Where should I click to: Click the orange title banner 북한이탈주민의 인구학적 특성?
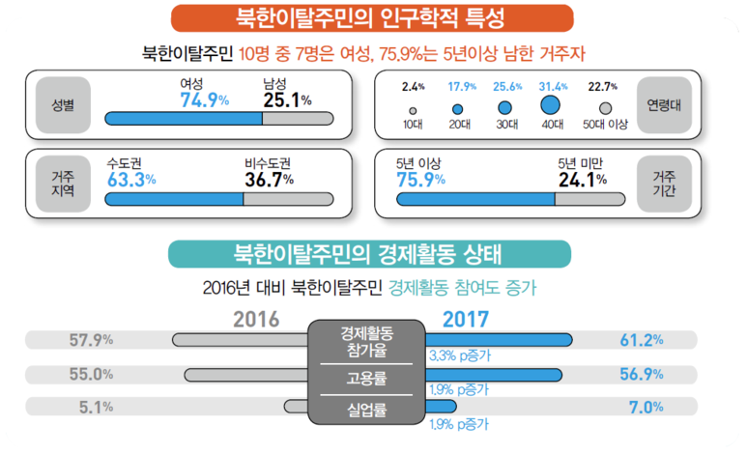(372, 18)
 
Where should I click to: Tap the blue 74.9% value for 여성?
(204, 100)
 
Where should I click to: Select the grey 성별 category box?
(63, 104)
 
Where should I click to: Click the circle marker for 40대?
(550, 104)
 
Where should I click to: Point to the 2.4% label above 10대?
(413, 87)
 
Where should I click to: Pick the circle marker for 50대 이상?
(606, 108)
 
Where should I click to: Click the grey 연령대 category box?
(664, 104)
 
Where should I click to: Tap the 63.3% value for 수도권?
(131, 180)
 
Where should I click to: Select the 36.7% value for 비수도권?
(270, 180)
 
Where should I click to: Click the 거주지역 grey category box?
(63, 184)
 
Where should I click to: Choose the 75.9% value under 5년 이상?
(420, 180)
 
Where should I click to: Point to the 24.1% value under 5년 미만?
(583, 180)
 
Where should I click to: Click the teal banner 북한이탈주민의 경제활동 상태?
(370, 254)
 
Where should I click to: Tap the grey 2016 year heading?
(256, 319)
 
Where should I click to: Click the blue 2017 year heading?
(466, 319)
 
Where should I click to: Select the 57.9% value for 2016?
(91, 340)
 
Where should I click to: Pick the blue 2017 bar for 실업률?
(441, 407)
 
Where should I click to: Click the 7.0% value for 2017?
(646, 408)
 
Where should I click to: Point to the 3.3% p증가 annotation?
(460, 355)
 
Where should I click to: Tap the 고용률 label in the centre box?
(366, 379)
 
